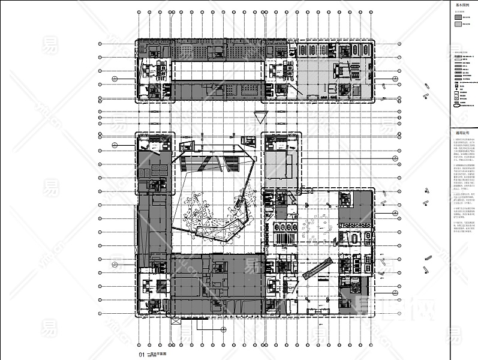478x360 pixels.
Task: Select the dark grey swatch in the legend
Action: click(x=458, y=17)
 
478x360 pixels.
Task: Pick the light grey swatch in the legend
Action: click(x=458, y=25)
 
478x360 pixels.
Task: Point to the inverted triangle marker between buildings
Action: click(x=260, y=116)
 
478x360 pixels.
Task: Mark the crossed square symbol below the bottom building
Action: click(x=176, y=322)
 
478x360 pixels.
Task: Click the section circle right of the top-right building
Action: click(x=396, y=78)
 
